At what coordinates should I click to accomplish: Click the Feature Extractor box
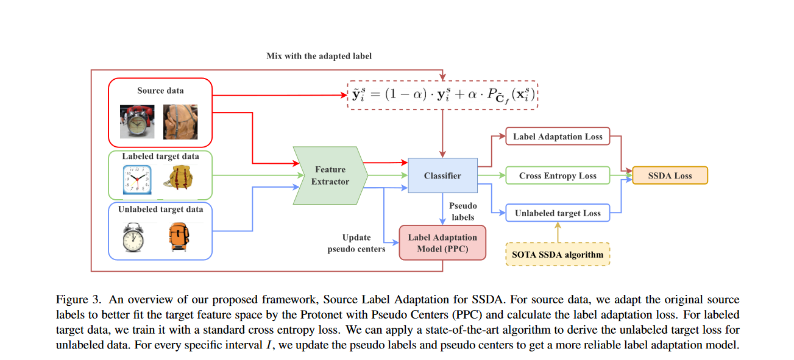point(330,175)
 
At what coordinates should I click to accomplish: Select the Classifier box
point(442,175)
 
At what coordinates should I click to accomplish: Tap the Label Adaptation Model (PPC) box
point(442,242)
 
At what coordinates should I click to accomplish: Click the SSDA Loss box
point(670,175)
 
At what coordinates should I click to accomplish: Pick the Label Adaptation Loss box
point(557,136)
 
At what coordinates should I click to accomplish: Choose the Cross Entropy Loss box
point(557,175)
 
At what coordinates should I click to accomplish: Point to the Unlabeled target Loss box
point(557,213)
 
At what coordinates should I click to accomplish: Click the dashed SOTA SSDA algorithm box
point(557,253)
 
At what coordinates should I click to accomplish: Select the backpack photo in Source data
point(180,120)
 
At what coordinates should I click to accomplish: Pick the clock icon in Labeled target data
point(136,178)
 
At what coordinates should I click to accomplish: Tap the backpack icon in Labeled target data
point(180,178)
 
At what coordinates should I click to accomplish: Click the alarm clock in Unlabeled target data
point(133,237)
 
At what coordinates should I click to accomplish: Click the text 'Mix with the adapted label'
point(319,56)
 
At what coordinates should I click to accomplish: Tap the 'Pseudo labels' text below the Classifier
point(464,211)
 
